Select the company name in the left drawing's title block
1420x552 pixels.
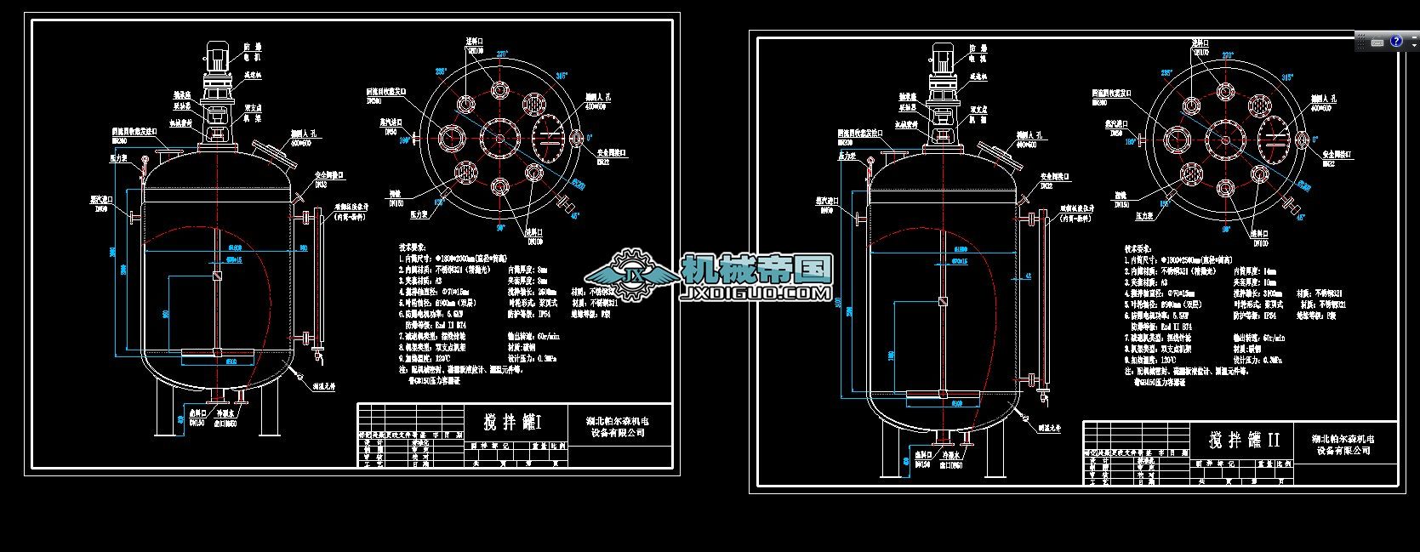pyautogui.click(x=618, y=426)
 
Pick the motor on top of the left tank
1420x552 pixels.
pyautogui.click(x=219, y=59)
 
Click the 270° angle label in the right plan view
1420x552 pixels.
pyautogui.click(x=1228, y=55)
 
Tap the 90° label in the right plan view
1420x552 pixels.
pyautogui.click(x=1225, y=229)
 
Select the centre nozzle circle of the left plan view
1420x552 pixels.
pyautogui.click(x=499, y=137)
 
